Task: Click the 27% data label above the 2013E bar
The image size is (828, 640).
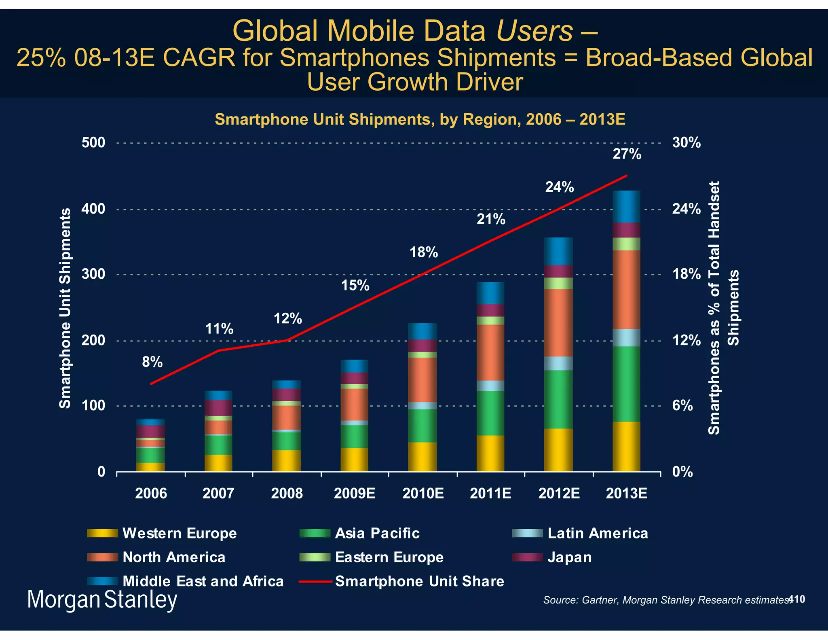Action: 627,155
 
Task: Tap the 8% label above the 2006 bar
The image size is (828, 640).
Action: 152,362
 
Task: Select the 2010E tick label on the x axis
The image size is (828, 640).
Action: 423,494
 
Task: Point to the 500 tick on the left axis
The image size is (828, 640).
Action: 93,143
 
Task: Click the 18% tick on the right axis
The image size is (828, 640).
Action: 686,274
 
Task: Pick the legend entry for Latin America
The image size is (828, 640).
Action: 598,533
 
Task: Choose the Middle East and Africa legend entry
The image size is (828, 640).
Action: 203,581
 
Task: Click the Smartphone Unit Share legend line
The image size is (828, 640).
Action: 315,582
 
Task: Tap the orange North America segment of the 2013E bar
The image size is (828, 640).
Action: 626,289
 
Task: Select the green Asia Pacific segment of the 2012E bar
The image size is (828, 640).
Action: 558,399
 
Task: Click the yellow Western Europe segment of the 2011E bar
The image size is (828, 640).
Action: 490,453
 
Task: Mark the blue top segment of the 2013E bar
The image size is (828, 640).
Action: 626,206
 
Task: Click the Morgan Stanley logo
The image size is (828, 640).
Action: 102,600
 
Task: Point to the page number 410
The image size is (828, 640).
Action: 797,599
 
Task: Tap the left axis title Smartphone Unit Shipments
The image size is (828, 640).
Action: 65,308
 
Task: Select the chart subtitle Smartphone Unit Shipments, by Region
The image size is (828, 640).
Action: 420,119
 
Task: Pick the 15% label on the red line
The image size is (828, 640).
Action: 355,286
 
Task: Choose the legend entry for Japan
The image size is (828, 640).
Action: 569,557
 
